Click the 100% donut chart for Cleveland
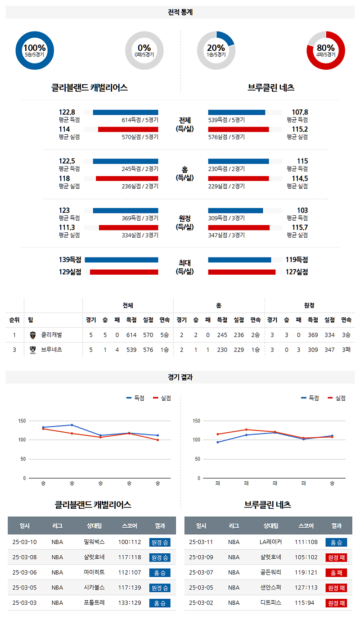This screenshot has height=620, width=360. pyautogui.click(x=35, y=50)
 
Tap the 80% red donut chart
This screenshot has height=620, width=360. pyautogui.click(x=326, y=50)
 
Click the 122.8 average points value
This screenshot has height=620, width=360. pyautogui.click(x=67, y=112)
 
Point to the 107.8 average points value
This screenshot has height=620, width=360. pyautogui.click(x=300, y=112)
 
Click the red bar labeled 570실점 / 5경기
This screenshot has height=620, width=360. pyautogui.click(x=128, y=129)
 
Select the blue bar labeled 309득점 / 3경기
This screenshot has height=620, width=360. pyautogui.click(x=235, y=210)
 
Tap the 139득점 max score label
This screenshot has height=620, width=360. pyautogui.click(x=70, y=260)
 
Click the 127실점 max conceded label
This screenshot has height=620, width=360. pyautogui.click(x=297, y=272)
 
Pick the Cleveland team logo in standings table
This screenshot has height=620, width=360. pyautogui.click(x=32, y=335)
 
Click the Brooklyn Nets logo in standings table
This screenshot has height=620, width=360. pyautogui.click(x=32, y=349)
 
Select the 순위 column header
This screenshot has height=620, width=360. pyautogui.click(x=14, y=320)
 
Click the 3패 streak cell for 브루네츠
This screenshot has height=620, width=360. pyautogui.click(x=346, y=349)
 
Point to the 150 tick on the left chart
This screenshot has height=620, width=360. pyautogui.click(x=22, y=421)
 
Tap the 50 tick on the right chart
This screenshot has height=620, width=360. pyautogui.click(x=197, y=459)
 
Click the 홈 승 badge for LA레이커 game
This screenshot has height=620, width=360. pyautogui.click(x=336, y=543)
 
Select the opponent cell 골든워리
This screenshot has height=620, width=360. pyautogui.click(x=270, y=572)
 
